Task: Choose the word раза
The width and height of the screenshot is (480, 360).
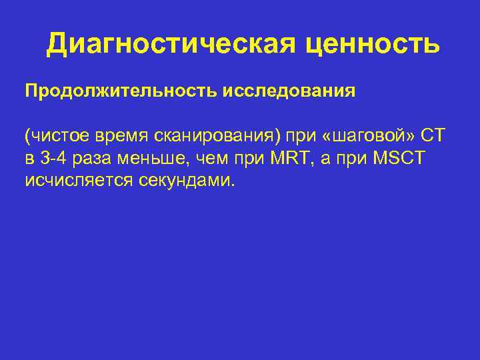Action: click(89, 159)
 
